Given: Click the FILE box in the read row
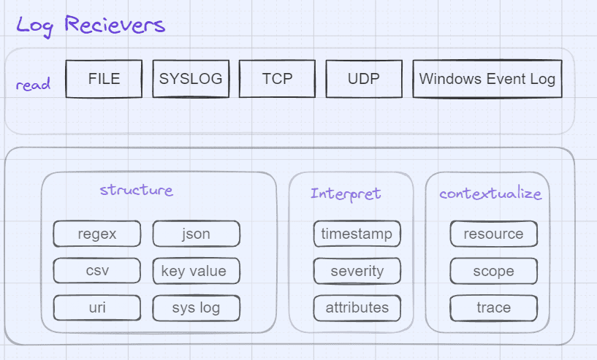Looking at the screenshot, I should pos(104,79).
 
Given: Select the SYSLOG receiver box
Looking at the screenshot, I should pos(191,79).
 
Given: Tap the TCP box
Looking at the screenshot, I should pos(277,79).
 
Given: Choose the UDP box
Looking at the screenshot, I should pos(364,79).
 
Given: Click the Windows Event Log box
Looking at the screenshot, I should pos(487,79).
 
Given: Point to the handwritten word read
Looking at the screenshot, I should pos(33,85).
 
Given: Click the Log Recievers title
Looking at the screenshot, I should pos(91,24).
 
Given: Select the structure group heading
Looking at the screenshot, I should pos(137,191).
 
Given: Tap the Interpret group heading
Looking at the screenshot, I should pos(346,194).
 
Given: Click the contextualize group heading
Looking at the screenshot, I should pos(490,194).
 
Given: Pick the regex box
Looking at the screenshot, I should pos(97,234).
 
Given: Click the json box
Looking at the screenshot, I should pos(196,234).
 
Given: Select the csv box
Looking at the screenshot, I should pos(97,271).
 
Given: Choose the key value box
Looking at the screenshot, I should pos(196,271).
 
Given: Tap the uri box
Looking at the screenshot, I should pos(97,307).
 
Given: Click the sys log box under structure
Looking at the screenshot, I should pos(196,307).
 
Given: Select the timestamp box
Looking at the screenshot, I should pos(357,234).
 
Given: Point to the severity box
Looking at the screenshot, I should pos(357,271).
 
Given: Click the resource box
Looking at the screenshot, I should pos(493,234).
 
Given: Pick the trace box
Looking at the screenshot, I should pos(493,307).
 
